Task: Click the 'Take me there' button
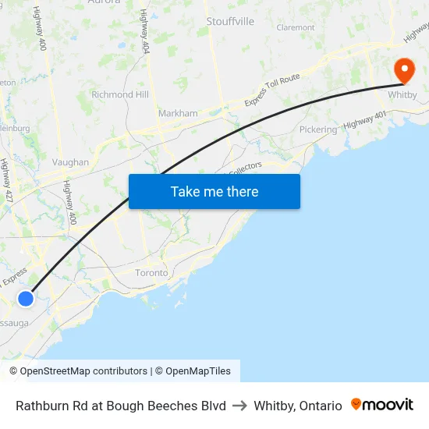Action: (214, 191)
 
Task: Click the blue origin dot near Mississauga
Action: (26, 298)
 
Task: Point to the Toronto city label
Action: (151, 273)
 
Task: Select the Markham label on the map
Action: (178, 113)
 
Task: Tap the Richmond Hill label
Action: (120, 94)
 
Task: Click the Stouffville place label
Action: (230, 21)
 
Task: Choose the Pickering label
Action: (318, 129)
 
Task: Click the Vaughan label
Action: (70, 162)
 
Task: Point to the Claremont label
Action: (296, 27)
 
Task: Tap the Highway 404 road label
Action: (144, 31)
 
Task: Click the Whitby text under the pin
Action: (402, 94)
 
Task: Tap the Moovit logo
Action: (382, 405)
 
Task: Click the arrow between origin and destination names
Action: (239, 406)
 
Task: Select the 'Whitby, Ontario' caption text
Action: (298, 406)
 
